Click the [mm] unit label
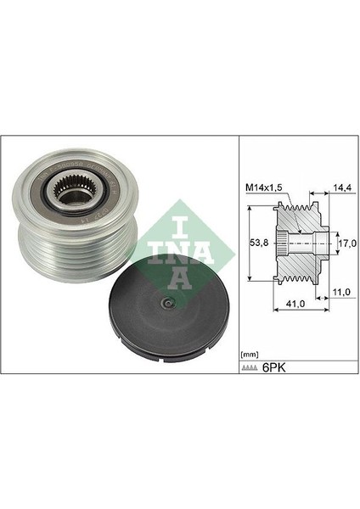[250, 352]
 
